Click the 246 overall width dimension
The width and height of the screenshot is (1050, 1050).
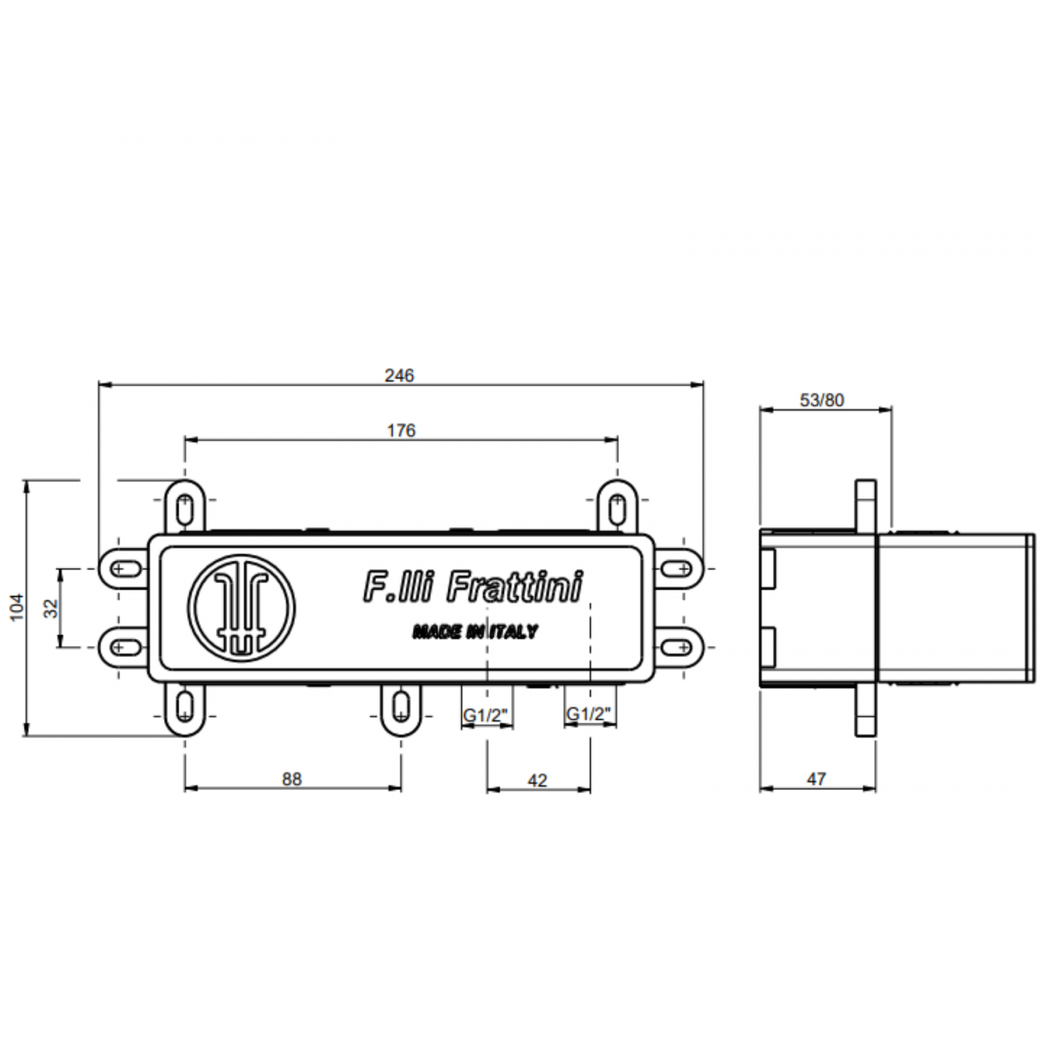399,376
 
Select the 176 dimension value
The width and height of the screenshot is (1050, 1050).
401,430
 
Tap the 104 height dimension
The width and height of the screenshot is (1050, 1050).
18,607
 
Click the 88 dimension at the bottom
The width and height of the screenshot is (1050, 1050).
292,779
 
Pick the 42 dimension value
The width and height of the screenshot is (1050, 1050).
537,780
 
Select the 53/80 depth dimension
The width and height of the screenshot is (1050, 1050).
821,400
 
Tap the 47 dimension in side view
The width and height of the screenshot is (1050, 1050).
817,779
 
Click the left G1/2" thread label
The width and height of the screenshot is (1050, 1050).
485,715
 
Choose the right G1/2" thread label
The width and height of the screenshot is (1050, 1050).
588,715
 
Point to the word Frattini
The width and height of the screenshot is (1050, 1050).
514,587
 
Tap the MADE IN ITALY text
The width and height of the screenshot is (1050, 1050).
474,632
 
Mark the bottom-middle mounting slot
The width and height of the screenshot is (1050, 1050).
401,707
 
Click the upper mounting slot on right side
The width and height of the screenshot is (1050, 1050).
678,569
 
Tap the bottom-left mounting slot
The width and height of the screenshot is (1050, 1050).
185,707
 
